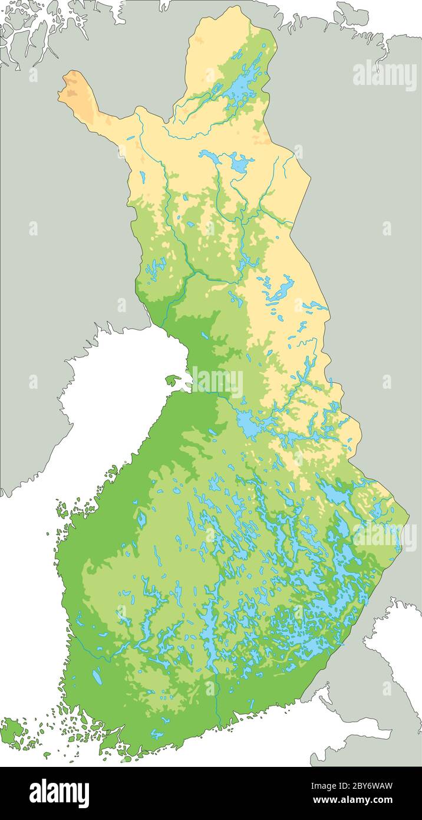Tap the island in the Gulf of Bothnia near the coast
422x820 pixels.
pyautogui.click(x=173, y=379)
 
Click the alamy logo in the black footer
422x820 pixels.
pyautogui.click(x=59, y=793)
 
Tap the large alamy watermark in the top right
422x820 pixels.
pyautogui.click(x=384, y=76)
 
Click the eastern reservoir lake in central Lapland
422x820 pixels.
pyautogui.click(x=239, y=163)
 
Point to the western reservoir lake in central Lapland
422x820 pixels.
pyautogui.click(x=210, y=156)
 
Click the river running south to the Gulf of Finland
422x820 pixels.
pyautogui.click(x=217, y=702)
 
